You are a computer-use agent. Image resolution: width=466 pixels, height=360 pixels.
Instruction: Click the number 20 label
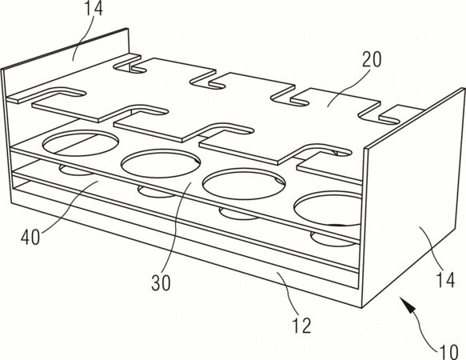[x=372, y=59]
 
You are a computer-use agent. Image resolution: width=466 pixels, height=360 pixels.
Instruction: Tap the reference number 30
[x=161, y=282]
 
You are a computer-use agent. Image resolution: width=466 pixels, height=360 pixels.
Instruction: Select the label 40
[x=30, y=238]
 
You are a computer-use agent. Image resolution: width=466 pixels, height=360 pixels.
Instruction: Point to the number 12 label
[x=301, y=325]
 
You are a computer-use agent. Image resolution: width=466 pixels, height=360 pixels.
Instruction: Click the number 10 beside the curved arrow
[x=448, y=352]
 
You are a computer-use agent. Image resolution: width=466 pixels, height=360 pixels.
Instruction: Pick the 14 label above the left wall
[x=93, y=8]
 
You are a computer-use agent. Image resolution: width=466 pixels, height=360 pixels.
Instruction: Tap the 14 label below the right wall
[x=445, y=280]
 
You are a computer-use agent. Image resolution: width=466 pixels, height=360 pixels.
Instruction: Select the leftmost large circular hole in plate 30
[x=81, y=143]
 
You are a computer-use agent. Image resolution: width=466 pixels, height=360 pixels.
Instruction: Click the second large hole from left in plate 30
[x=161, y=164]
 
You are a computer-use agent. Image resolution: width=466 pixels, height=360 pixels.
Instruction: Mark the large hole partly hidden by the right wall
[x=328, y=209]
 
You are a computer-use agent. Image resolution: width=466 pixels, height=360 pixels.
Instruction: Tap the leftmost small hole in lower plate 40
[x=75, y=170]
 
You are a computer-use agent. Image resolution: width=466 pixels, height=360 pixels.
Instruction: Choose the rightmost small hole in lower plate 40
[x=333, y=239]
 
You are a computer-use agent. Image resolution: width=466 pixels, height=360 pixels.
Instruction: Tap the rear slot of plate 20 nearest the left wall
[x=130, y=68]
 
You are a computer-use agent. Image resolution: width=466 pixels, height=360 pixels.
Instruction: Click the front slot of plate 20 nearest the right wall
[x=322, y=153]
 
